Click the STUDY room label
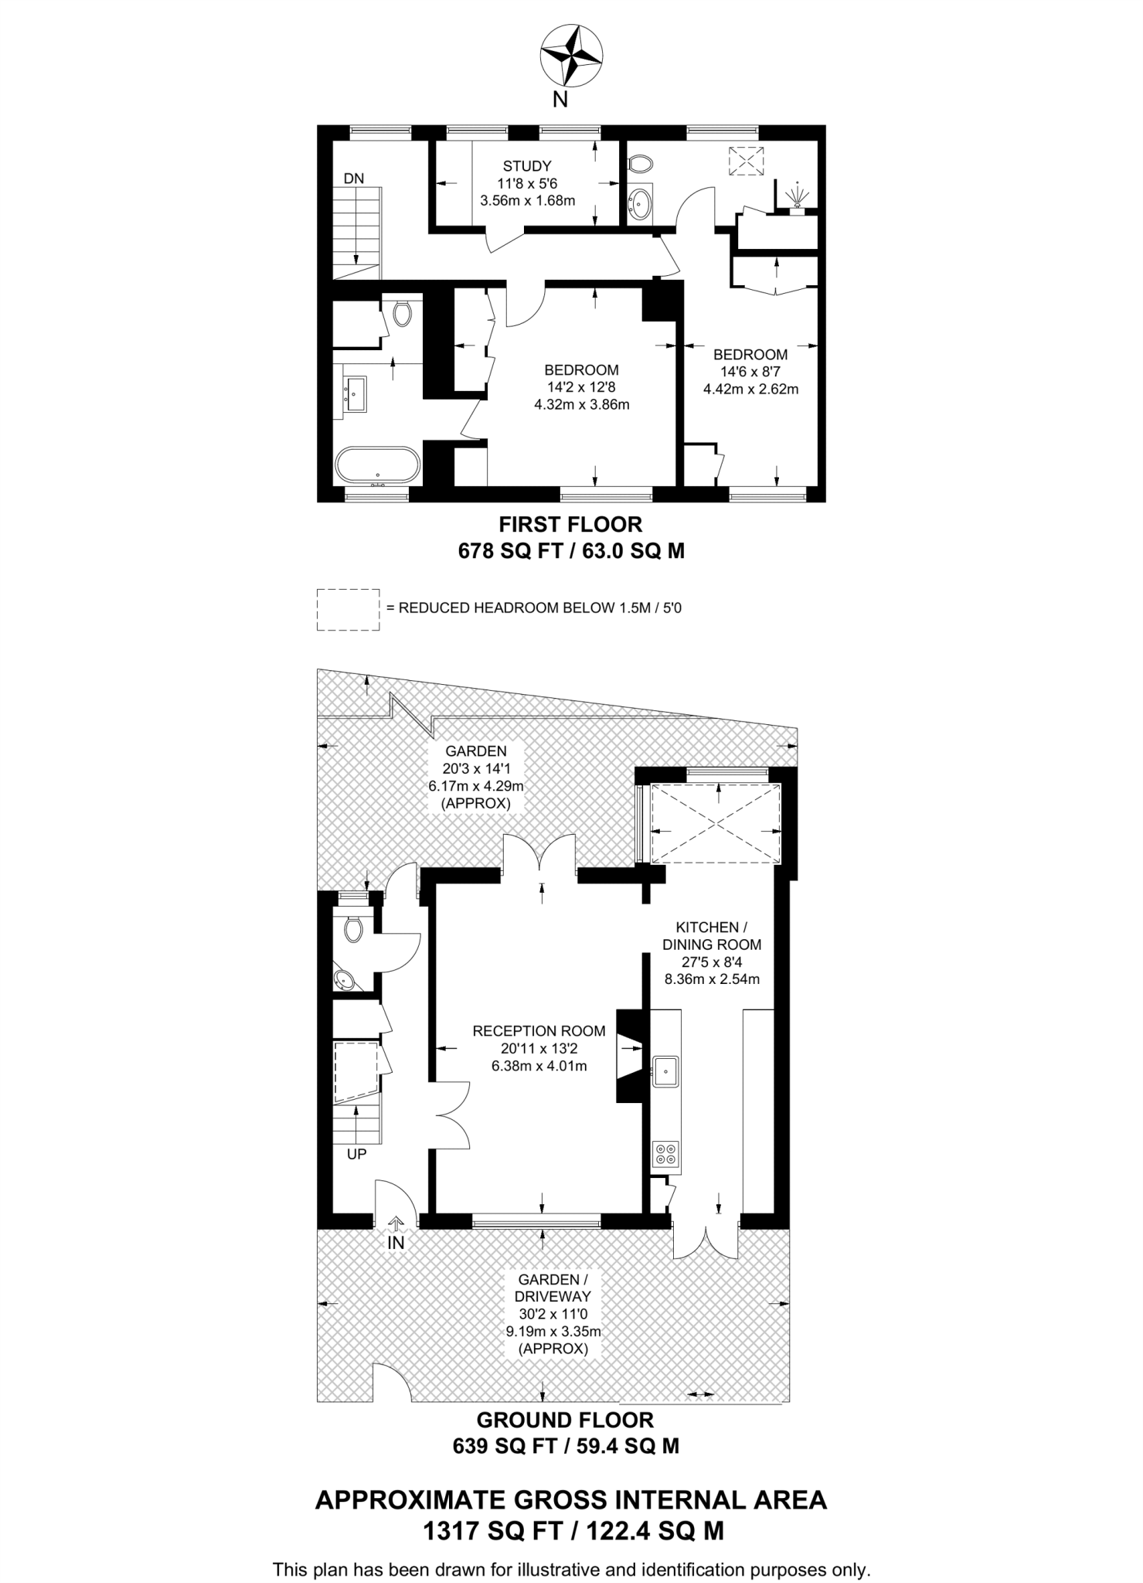coord(527,166)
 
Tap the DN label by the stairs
coord(353,179)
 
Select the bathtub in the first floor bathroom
coord(378,465)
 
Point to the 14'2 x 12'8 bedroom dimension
coord(581,387)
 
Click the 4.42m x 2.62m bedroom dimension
coord(750,390)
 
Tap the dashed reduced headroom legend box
coord(348,609)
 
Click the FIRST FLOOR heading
coord(570,525)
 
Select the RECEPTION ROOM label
coord(539,1031)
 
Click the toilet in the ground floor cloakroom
coord(353,929)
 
